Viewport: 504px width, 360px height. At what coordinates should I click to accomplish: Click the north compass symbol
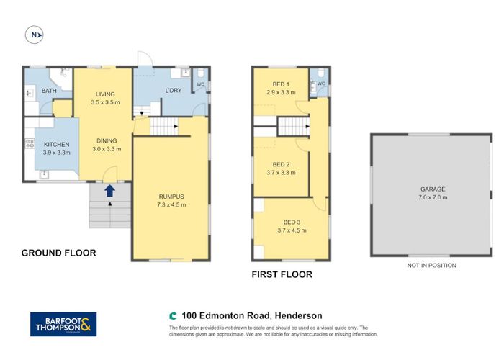34,34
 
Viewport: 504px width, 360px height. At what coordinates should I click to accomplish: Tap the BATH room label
49,91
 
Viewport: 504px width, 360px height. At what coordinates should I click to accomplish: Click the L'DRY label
173,90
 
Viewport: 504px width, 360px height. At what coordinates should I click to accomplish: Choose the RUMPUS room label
172,197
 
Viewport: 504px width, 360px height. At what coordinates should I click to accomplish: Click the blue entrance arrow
109,190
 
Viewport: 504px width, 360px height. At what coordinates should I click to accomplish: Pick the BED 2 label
280,164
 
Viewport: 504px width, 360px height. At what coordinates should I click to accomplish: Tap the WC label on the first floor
321,84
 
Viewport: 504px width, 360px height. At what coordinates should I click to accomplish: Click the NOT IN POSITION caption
431,265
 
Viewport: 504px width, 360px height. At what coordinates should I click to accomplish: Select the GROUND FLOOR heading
58,253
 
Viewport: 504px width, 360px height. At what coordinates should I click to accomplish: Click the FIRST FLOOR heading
282,274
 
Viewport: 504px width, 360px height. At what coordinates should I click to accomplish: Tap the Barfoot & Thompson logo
62,323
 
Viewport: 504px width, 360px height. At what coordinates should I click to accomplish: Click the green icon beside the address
173,315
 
